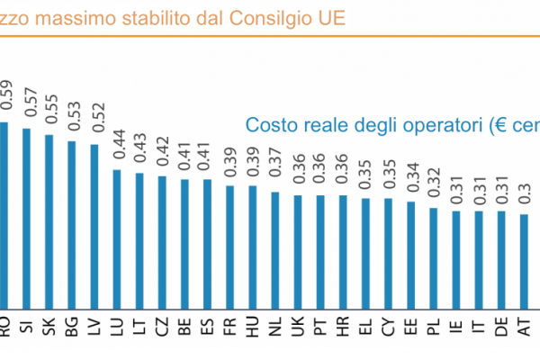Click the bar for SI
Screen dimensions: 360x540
(x=27, y=216)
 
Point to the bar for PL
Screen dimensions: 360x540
(x=434, y=256)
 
